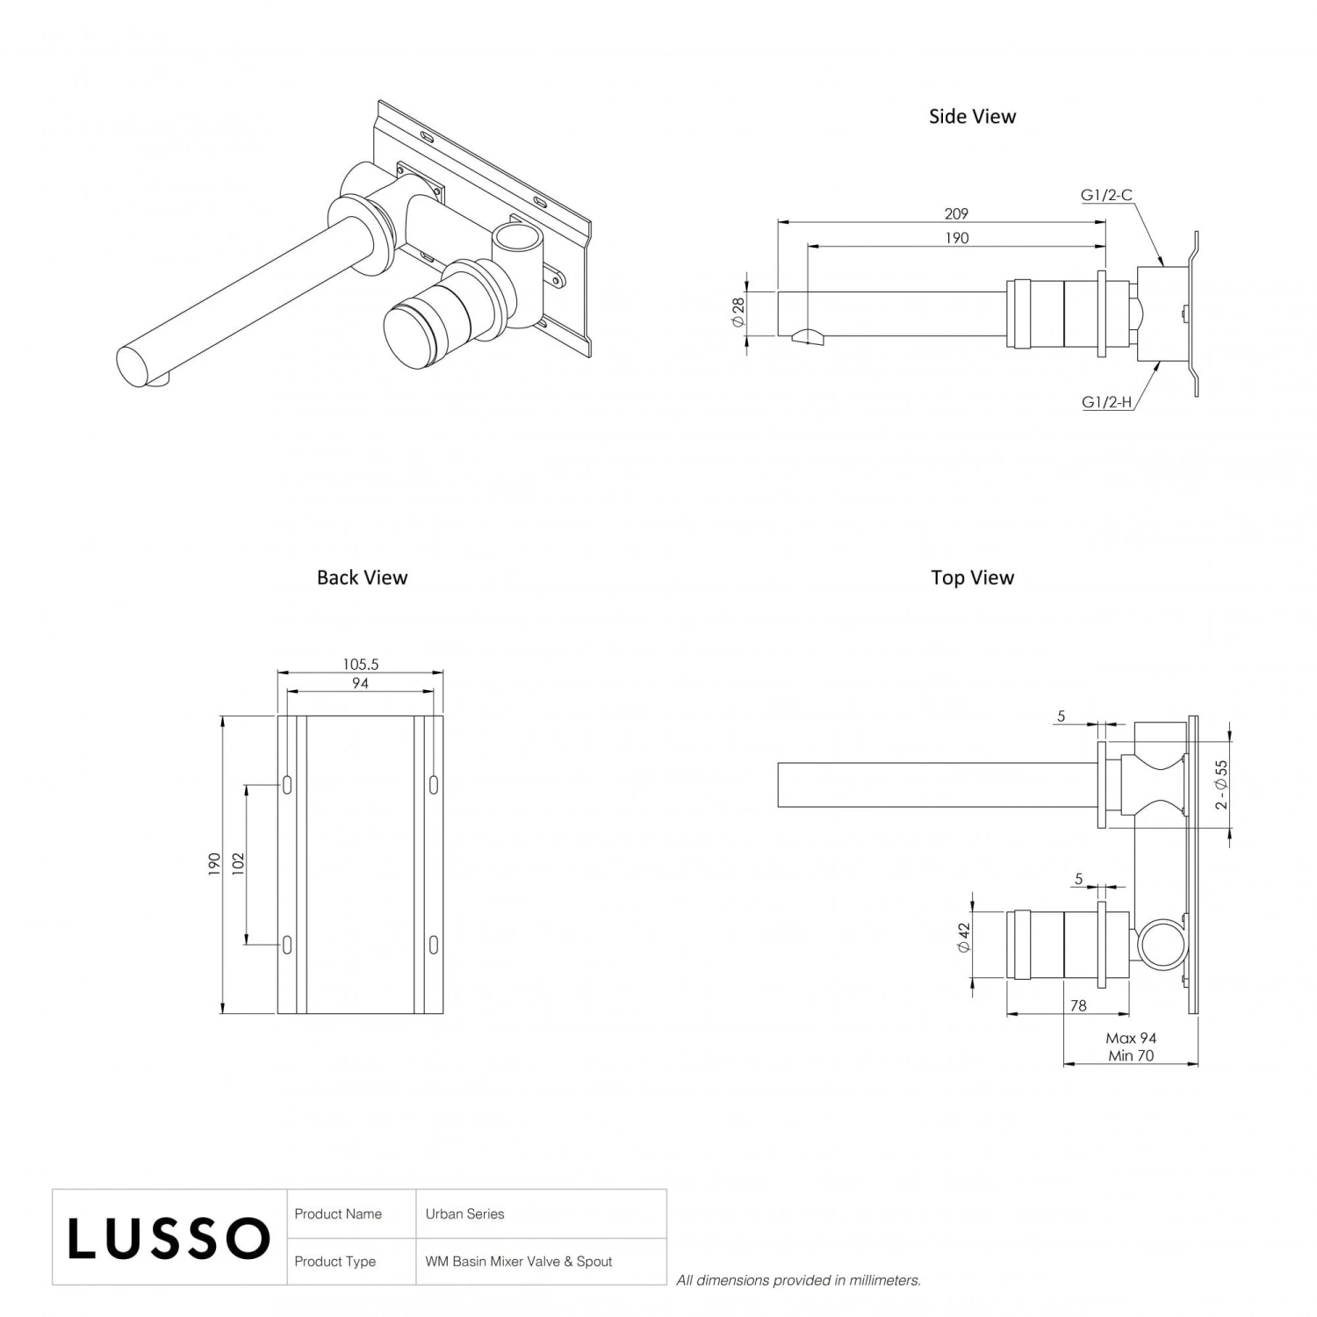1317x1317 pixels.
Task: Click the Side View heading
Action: [x=972, y=117]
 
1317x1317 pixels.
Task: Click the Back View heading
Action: [x=362, y=578]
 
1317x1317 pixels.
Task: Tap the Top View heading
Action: [x=972, y=578]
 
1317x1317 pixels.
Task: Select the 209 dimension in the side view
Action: [x=956, y=213]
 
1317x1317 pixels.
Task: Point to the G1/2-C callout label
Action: [x=1105, y=195]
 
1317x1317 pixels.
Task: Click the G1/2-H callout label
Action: [x=1105, y=403]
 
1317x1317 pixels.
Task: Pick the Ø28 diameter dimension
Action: [x=738, y=313]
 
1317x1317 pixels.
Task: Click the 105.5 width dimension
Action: [x=360, y=665]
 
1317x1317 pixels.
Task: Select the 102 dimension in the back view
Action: [x=238, y=864]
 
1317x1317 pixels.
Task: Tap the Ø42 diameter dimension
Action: [x=963, y=938]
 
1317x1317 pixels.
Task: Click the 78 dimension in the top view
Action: [x=1078, y=1006]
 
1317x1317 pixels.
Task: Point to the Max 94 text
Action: [x=1131, y=1039]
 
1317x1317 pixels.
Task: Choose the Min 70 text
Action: [x=1131, y=1056]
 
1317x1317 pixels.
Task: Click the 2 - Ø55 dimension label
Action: [x=1220, y=785]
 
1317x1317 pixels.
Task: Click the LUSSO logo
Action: [x=169, y=1238]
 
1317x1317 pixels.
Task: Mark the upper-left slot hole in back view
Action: [x=287, y=785]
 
